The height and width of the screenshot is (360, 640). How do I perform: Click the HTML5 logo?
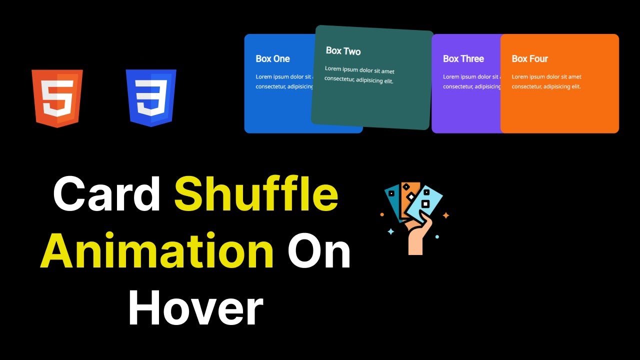[x=57, y=98]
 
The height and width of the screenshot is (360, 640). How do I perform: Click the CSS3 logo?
[x=151, y=98]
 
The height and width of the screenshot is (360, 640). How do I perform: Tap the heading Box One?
[x=272, y=58]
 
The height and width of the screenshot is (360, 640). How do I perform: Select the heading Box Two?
[x=343, y=51]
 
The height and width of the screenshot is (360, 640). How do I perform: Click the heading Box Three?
[x=463, y=58]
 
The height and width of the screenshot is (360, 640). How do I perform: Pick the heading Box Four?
[x=529, y=58]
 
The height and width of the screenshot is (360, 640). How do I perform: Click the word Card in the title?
[x=106, y=194]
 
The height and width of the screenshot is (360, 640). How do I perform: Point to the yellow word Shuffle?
[x=256, y=194]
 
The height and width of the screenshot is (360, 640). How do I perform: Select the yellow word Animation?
[x=157, y=251]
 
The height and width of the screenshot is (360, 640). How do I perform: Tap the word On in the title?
[x=319, y=251]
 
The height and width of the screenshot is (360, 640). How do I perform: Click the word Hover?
[x=195, y=308]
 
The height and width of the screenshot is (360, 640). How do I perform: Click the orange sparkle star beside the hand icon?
[x=446, y=215]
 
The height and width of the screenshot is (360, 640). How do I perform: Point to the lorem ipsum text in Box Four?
[x=546, y=81]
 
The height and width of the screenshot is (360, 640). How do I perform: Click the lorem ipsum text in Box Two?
[x=359, y=75]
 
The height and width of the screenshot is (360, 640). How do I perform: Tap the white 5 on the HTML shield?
[x=56, y=99]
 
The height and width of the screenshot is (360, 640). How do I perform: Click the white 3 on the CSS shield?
[x=151, y=99]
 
